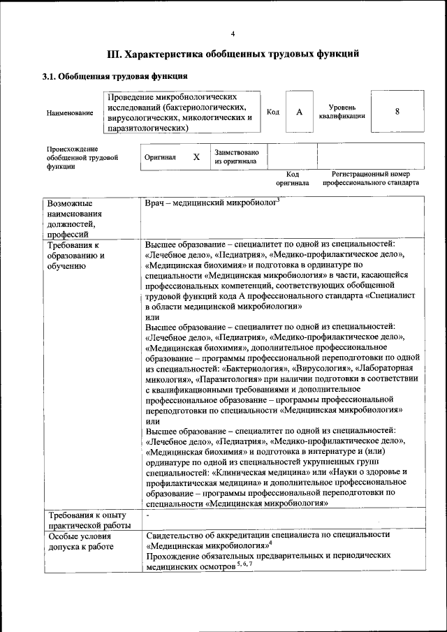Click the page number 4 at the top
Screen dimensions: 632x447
click(233, 34)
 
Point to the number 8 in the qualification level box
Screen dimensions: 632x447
click(397, 112)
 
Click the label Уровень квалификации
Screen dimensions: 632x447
click(342, 112)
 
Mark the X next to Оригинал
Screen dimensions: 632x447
click(196, 157)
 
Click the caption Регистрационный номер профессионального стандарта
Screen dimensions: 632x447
click(370, 178)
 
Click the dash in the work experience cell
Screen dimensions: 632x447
click(148, 515)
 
